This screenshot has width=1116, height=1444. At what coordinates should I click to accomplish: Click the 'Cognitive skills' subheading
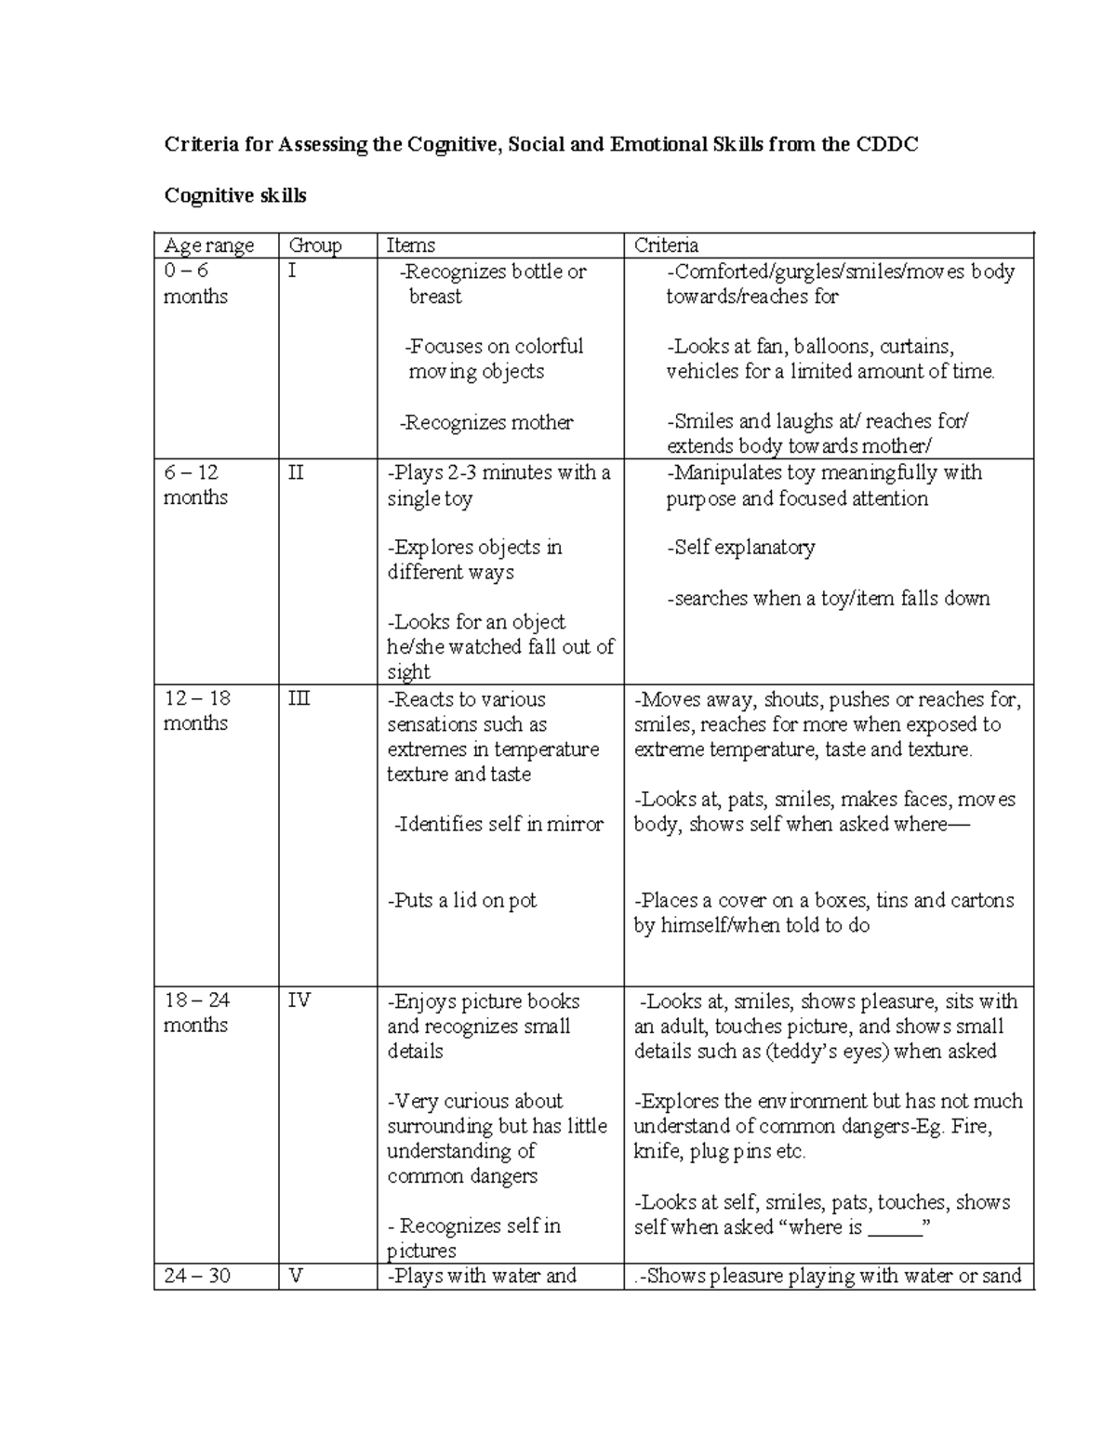click(x=235, y=195)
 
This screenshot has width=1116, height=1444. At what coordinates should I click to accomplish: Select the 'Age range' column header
click(x=208, y=245)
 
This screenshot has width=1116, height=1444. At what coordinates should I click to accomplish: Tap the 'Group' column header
click(x=315, y=245)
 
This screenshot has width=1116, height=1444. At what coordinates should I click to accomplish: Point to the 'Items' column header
click(x=411, y=245)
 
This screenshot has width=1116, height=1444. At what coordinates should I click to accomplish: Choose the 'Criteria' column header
click(x=666, y=245)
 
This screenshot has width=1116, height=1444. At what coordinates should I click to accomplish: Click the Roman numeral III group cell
click(x=299, y=698)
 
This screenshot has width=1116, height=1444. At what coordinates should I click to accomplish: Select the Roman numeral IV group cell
click(x=299, y=1000)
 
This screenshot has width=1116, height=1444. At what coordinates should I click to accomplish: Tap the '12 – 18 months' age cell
click(x=196, y=710)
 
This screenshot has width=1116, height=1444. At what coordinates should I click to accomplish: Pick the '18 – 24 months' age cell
click(x=196, y=1013)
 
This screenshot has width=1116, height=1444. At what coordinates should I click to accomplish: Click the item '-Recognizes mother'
click(x=486, y=422)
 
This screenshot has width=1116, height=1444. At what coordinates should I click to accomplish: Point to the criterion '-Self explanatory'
click(x=740, y=548)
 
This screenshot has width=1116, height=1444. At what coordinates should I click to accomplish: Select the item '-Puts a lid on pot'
click(x=462, y=900)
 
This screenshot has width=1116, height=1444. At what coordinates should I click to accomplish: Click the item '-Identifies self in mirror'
click(x=498, y=824)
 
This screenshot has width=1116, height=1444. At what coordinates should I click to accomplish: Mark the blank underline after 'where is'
click(x=894, y=1227)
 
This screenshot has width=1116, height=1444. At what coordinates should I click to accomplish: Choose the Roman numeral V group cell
click(x=297, y=1276)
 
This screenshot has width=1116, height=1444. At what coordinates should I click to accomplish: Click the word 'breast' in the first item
click(x=435, y=297)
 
